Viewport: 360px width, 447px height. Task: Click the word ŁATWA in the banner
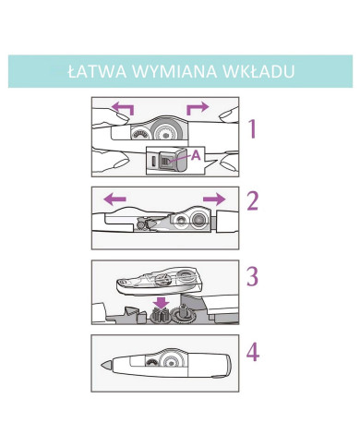97,71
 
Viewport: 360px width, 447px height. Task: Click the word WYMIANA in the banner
174,71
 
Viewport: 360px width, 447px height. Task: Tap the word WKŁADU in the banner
258,71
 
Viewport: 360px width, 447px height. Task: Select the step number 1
253,128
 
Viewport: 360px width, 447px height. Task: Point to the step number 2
253,201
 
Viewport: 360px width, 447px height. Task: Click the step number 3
253,276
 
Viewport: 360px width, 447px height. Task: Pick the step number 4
253,352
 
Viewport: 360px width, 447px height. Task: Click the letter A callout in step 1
196,156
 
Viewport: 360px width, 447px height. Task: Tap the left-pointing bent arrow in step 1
123,108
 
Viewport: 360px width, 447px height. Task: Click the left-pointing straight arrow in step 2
114,199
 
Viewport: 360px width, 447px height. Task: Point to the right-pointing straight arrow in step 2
214,199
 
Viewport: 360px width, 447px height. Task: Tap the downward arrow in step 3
162,303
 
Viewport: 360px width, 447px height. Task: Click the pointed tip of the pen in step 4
102,366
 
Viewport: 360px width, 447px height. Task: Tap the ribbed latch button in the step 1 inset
166,161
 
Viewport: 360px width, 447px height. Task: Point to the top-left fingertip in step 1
121,116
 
